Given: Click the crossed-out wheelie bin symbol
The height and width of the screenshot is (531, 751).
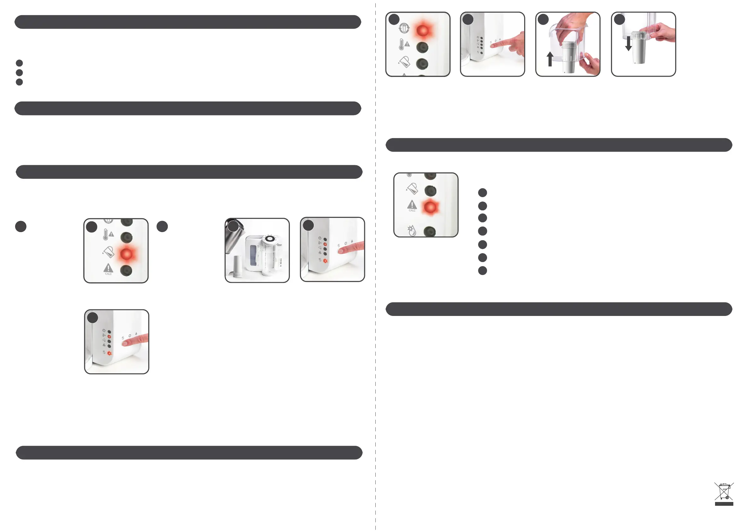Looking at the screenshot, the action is (724, 491).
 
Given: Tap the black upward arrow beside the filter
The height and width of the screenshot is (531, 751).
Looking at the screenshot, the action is (550, 59).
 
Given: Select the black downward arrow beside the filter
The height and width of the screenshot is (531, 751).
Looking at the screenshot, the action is (628, 44).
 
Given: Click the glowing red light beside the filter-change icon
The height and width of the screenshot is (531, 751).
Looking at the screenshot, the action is (423, 30).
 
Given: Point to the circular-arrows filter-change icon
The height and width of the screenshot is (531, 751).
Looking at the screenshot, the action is (404, 28).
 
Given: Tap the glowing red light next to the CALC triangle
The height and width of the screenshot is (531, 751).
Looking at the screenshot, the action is (430, 207).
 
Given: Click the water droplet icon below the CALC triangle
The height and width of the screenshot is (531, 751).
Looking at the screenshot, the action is (412, 231).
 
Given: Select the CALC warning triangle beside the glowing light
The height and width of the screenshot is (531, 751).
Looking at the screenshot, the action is (412, 205).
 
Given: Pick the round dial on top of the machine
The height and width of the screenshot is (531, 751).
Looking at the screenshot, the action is (269, 239).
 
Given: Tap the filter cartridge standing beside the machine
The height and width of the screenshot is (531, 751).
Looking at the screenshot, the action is (238, 266).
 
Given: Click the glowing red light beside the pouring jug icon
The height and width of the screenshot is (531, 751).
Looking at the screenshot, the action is (126, 254).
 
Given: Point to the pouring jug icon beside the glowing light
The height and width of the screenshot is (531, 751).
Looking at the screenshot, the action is (108, 252).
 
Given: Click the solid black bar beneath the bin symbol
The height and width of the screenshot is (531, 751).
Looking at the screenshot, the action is (724, 504).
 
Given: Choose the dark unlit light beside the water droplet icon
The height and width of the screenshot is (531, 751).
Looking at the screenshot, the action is (430, 231).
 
